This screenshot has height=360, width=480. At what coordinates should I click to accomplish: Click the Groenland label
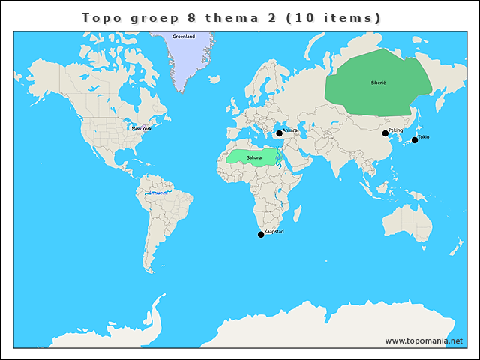(184, 37)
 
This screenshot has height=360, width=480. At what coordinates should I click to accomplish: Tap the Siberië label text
(378, 82)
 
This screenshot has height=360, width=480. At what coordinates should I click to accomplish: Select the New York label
(142, 129)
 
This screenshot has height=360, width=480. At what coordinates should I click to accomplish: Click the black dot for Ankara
(279, 133)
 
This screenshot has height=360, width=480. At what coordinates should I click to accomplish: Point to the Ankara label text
(290, 130)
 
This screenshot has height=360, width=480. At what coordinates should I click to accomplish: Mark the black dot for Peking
(385, 133)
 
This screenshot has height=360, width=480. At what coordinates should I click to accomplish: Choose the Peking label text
(396, 130)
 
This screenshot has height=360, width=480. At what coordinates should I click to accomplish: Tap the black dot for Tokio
(415, 140)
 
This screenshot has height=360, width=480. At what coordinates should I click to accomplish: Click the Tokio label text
(424, 137)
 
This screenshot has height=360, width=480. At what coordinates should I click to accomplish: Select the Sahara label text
(254, 157)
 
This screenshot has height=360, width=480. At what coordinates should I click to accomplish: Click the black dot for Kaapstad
(261, 235)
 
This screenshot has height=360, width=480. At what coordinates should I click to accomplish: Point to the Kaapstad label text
(274, 232)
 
